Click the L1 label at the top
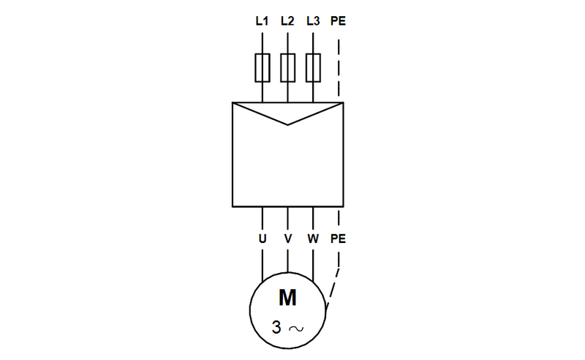pos(262,20)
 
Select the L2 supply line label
pos(287,20)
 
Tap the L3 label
pos(313,20)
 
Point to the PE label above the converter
pos(339,20)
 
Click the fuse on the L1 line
pos(262,67)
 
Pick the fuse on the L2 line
pos(287,67)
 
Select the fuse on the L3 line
pos(313,67)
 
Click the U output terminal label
pos(262,239)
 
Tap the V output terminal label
pos(287,239)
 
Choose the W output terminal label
pos(313,239)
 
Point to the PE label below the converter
pos(339,239)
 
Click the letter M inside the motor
pos(287,298)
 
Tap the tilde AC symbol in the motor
pos(297,329)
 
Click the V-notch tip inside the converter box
pos(288,124)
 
